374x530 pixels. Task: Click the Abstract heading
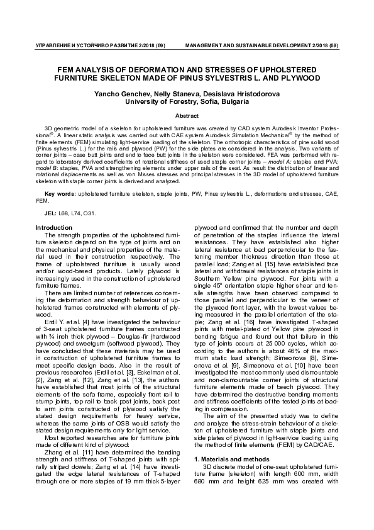(187, 116)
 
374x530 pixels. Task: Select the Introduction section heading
(54, 227)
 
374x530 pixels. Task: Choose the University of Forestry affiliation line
(187, 101)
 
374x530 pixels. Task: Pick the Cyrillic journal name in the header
(92, 47)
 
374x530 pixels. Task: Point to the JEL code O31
(89, 214)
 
